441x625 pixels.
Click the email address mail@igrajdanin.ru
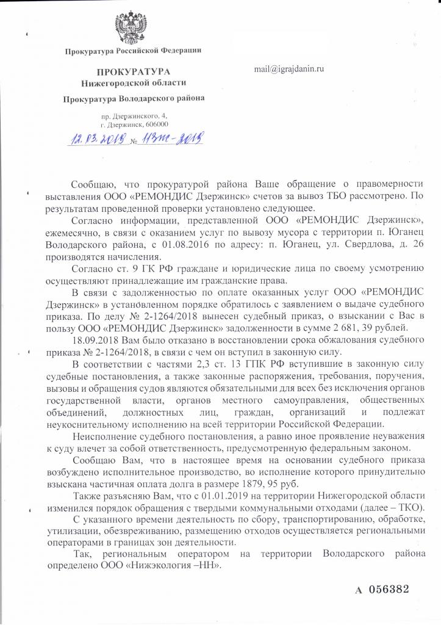(x=289, y=69)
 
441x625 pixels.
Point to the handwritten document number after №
(x=174, y=140)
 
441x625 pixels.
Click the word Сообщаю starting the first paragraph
(x=91, y=184)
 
